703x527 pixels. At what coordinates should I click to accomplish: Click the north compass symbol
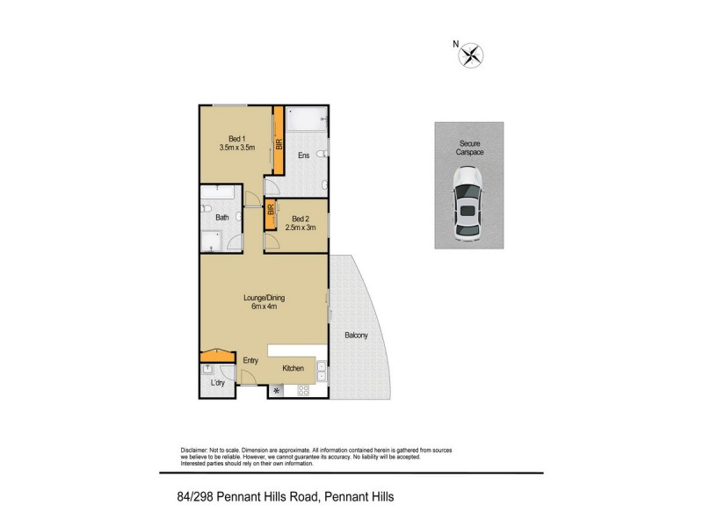pyautogui.click(x=472, y=55)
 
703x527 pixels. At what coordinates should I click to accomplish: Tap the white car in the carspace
pyautogui.click(x=467, y=207)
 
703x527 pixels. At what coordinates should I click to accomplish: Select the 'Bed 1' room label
pyautogui.click(x=236, y=138)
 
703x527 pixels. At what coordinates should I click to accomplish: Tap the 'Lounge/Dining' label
pyautogui.click(x=265, y=297)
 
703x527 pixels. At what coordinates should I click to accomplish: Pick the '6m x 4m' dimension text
pyautogui.click(x=265, y=307)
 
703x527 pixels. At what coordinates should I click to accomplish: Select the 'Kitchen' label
pyautogui.click(x=294, y=368)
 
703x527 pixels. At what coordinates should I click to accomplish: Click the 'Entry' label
pyautogui.click(x=250, y=360)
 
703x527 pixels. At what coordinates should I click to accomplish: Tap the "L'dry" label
pyautogui.click(x=217, y=384)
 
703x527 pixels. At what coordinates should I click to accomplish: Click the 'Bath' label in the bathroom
pyautogui.click(x=221, y=217)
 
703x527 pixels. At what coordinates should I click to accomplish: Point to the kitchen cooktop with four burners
pyautogui.click(x=303, y=390)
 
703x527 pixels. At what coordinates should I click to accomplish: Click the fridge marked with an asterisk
pyautogui.click(x=279, y=390)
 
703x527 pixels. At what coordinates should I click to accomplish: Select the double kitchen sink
pyautogui.click(x=323, y=373)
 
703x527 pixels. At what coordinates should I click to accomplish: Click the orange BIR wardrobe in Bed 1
pyautogui.click(x=277, y=141)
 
